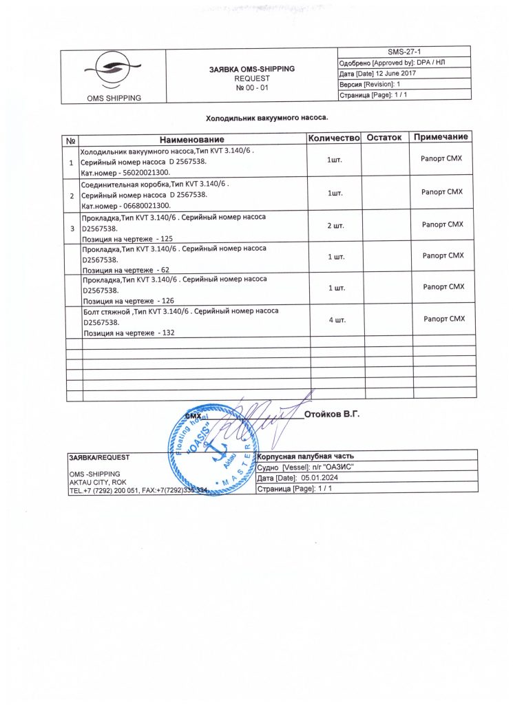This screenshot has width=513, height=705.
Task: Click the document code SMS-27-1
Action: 404,52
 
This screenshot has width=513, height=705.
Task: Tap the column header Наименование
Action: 193,138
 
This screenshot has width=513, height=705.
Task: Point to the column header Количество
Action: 335,138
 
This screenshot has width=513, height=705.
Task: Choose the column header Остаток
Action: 384,138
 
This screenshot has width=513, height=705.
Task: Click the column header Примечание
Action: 442,138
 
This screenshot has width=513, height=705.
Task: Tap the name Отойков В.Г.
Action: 332,414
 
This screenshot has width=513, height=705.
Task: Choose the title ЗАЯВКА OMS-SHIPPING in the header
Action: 251,70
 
